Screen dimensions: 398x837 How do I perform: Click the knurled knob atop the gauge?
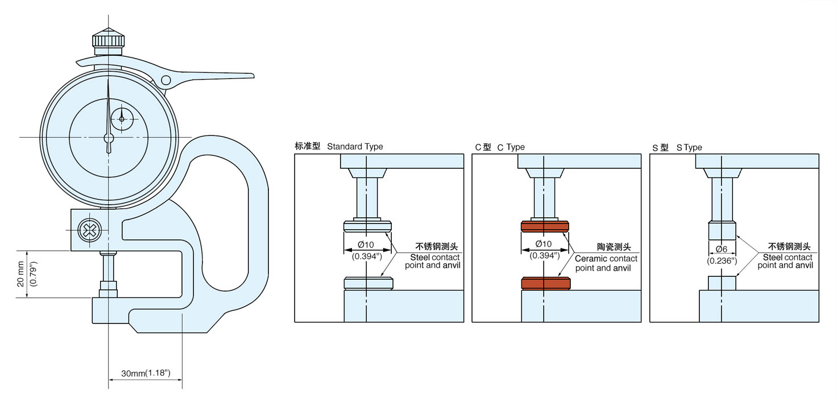(x=108, y=40)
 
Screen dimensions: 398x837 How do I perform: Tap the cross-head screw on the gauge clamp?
(x=89, y=230)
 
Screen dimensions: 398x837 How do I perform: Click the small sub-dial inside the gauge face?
(x=122, y=119)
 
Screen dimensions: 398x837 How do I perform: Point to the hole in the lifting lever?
(x=165, y=80)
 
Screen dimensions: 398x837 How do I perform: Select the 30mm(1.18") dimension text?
(x=146, y=374)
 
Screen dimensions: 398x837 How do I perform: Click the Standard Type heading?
(x=355, y=147)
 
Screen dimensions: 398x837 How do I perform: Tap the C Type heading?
(x=511, y=147)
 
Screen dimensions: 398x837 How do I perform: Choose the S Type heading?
(x=689, y=147)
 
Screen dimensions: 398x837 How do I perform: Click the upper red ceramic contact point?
(x=545, y=227)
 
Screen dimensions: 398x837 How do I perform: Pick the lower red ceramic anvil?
(x=545, y=283)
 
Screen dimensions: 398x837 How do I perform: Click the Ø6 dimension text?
(x=721, y=249)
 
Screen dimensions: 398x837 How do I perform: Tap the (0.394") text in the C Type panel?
(x=545, y=256)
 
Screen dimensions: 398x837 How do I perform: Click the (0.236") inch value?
(x=722, y=260)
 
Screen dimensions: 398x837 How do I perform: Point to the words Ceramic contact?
(x=606, y=259)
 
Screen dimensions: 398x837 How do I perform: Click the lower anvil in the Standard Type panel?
(x=368, y=283)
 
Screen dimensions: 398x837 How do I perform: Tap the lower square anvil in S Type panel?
(x=722, y=283)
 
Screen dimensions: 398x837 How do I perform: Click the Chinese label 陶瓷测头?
(x=614, y=247)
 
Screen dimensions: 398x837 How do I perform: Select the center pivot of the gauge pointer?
(x=109, y=138)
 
